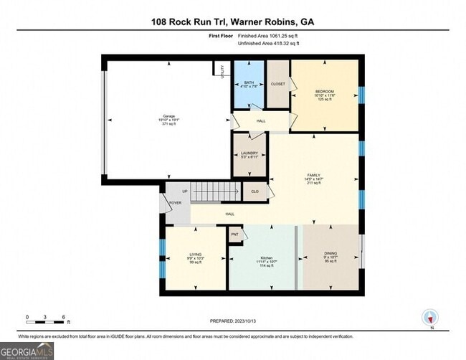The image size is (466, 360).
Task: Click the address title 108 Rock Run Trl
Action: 232,22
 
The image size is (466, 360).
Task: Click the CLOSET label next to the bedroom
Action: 277,84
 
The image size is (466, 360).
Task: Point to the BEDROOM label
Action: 325,92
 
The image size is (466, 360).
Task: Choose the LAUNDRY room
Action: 248,153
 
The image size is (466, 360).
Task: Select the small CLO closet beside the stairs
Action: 255,191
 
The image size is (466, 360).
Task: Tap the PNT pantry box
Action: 235,234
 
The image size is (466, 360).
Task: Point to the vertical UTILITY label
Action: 222,81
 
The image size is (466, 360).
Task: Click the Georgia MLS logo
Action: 27,351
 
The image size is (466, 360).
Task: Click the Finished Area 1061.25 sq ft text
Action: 270,35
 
